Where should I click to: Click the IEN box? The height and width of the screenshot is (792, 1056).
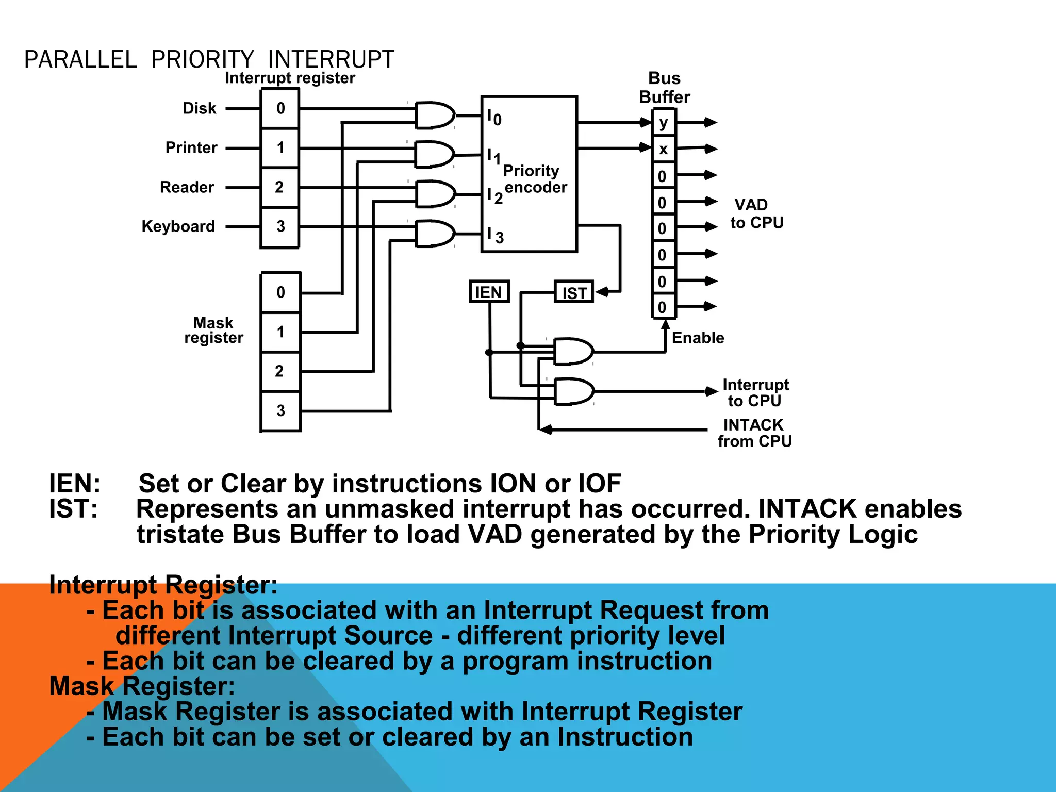(x=489, y=292)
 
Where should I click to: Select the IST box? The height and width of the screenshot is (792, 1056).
(x=574, y=292)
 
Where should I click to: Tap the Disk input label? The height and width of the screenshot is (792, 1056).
(x=200, y=108)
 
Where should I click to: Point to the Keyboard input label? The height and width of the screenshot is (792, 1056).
(x=178, y=226)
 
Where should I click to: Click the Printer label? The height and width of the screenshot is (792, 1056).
(x=191, y=148)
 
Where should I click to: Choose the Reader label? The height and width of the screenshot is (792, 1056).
(x=187, y=187)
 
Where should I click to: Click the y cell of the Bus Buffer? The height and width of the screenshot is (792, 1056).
(x=664, y=123)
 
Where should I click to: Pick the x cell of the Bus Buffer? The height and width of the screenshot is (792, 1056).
(x=664, y=149)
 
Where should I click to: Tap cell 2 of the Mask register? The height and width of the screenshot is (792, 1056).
(x=280, y=371)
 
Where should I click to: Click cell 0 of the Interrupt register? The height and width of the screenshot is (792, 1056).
(x=280, y=108)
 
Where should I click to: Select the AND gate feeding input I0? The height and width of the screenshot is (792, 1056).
(x=435, y=115)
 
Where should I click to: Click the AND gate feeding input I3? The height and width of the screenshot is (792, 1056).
(x=435, y=234)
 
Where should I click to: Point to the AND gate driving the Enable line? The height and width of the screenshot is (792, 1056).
(x=573, y=352)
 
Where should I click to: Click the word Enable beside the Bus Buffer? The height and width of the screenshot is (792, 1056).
(x=698, y=338)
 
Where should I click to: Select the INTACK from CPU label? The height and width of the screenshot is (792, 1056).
(x=754, y=433)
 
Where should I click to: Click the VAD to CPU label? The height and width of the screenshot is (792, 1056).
(x=756, y=214)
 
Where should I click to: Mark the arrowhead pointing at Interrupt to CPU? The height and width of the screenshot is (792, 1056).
(x=711, y=391)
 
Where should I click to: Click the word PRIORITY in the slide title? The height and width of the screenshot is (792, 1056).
(x=202, y=60)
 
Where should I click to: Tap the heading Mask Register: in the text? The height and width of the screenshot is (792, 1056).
(x=142, y=686)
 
